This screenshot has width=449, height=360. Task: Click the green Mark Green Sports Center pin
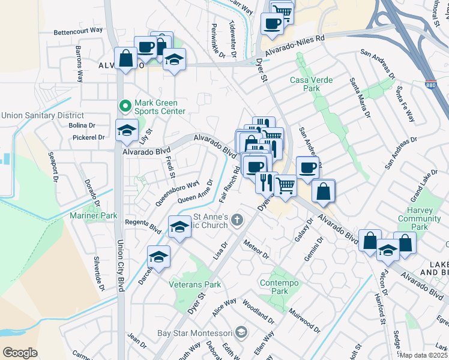(x=125, y=107)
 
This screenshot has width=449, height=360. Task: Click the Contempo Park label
(x=274, y=287)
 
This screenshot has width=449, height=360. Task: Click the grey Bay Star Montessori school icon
(x=241, y=332)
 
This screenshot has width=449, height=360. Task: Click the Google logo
(x=20, y=353)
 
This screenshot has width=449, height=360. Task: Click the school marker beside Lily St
(x=127, y=130)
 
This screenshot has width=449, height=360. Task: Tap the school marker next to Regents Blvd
(x=179, y=227)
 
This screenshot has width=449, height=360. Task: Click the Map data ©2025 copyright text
(x=424, y=355)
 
